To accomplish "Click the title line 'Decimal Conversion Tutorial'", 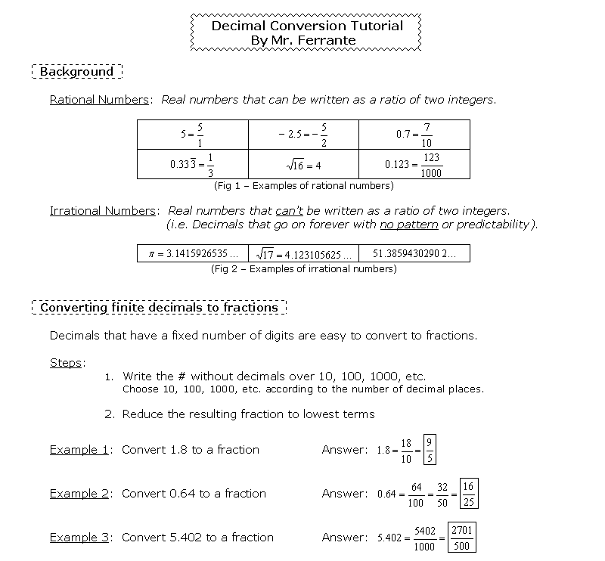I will pos(307,26).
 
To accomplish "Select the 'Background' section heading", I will pos(76,72).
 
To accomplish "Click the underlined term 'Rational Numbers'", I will pos(99,100).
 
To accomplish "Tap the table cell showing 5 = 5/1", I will pos(193,135).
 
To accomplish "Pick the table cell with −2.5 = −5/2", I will pos(303,135).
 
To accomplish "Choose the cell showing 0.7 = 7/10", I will pos(414,135).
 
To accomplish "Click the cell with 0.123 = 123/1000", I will pos(414,164).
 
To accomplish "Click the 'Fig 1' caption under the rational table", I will pos(303,185).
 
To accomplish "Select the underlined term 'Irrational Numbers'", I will pos(103,211).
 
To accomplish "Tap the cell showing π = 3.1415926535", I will pos(193,254).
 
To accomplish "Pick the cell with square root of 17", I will pos(303,254).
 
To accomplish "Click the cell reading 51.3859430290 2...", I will pos(414,254).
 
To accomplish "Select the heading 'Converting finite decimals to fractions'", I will pos(159,308).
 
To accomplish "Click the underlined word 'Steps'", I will pos(66,363).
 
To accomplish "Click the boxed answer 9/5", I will pos(430,450).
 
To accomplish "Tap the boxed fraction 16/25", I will pos(469,494).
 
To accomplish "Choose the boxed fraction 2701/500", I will pos(461,538).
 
